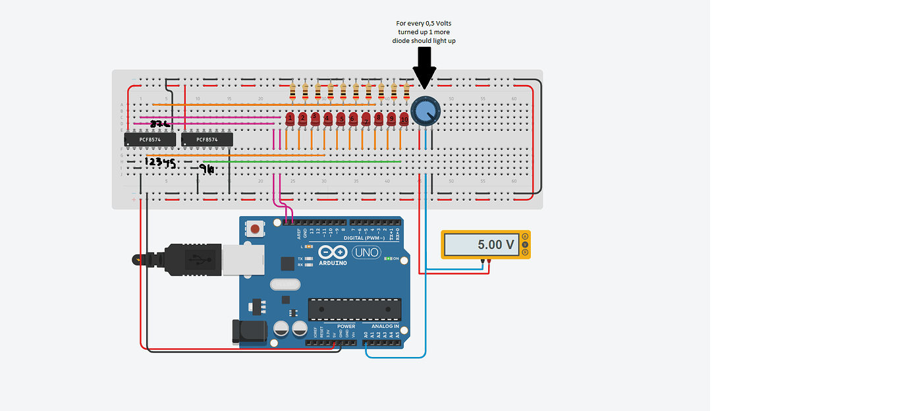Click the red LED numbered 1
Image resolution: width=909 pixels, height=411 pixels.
coord(290,119)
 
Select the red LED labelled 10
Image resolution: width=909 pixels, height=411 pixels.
coord(404,120)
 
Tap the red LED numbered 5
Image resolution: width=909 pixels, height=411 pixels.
coord(341,119)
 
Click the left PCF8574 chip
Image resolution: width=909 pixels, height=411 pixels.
coord(150,140)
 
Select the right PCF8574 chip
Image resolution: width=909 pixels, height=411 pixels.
coord(207,140)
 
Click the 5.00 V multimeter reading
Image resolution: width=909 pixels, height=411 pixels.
coord(495,244)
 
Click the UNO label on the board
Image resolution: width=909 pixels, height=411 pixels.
coord(367,252)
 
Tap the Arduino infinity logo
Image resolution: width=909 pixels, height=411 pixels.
coord(333,252)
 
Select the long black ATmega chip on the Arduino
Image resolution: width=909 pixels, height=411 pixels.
coord(355,309)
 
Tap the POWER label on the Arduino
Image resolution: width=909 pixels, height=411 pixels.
coord(346,326)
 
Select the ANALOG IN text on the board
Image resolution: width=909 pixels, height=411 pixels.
coord(385,326)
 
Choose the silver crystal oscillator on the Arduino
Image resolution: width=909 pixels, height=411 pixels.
coord(285,285)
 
